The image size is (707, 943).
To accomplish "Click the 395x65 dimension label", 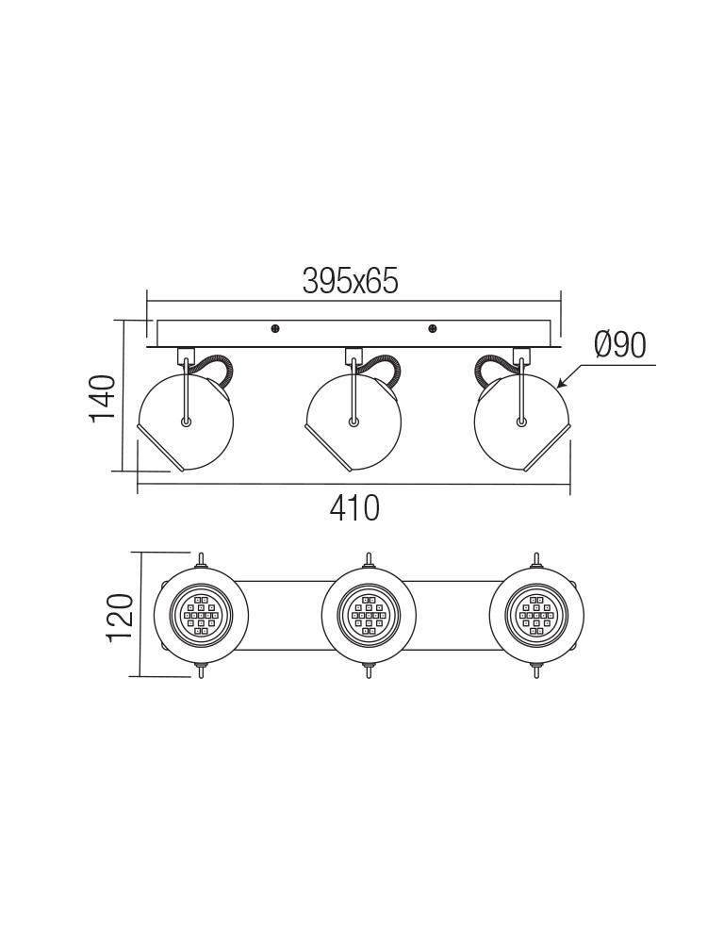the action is (351, 281).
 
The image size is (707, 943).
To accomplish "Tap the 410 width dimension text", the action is (354, 508).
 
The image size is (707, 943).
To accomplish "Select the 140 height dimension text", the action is (102, 398).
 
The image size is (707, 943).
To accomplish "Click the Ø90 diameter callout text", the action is (620, 345).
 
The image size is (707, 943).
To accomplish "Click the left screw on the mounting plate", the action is (274, 328).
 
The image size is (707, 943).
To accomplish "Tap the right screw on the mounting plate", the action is (433, 328).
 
